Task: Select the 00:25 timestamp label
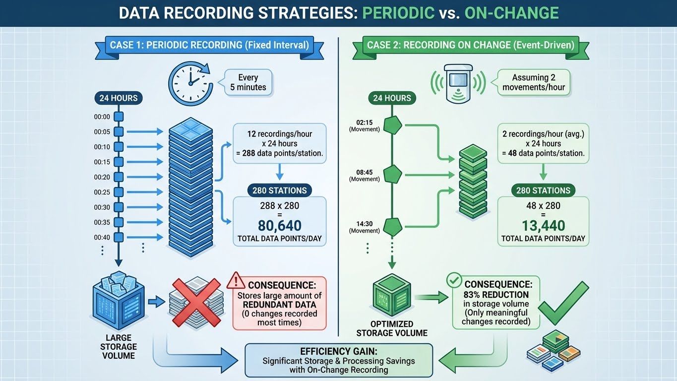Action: point(102,192)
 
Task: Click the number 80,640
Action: point(279,226)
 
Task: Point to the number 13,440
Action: point(543,226)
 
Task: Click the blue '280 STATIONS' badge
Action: point(279,190)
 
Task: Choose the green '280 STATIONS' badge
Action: point(543,190)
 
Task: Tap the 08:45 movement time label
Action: point(364,172)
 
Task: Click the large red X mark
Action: point(195,302)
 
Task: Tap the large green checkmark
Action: point(563,300)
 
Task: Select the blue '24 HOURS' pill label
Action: point(118,98)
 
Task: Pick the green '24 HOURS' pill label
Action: point(391,98)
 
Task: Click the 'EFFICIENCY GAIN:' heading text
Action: point(339,350)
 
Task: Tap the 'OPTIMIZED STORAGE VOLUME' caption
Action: point(391,328)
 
